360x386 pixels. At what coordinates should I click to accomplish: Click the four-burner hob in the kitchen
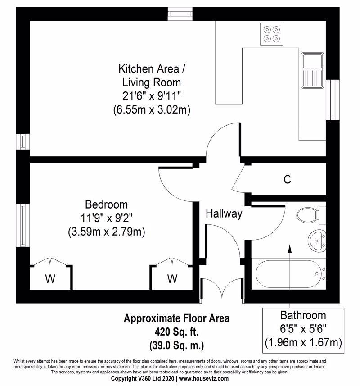[272, 34]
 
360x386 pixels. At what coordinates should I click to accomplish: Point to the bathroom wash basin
[317, 241]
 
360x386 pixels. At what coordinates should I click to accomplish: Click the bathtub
[289, 274]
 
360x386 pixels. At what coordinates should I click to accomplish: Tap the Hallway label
[224, 213]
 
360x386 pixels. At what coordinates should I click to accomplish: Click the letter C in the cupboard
[287, 179]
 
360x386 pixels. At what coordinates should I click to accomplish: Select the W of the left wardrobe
[50, 279]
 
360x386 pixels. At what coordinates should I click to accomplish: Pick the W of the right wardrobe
[172, 279]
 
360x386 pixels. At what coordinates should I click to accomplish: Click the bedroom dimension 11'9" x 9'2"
[107, 218]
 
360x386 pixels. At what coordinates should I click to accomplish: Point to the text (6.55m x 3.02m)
[152, 109]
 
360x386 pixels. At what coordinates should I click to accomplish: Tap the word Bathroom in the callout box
[303, 315]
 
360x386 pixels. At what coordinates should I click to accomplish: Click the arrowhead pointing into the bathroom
[290, 249]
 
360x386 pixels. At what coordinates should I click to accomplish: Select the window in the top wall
[180, 14]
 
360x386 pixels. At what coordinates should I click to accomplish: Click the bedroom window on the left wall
[23, 225]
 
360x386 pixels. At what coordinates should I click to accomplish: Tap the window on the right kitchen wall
[333, 100]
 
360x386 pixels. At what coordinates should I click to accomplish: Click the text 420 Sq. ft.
[176, 332]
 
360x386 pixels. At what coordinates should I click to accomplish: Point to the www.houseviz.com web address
[203, 378]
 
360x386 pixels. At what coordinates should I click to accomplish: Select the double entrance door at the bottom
[222, 291]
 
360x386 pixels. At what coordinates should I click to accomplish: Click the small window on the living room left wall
[23, 141]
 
